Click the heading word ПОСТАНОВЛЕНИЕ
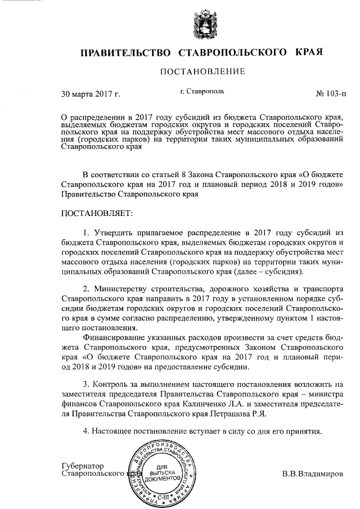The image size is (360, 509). point(203,71)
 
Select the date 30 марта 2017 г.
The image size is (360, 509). point(90,93)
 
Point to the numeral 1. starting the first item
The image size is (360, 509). point(86,232)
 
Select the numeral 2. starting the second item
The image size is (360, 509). point(86,289)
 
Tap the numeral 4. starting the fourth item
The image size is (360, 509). point(86,431)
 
